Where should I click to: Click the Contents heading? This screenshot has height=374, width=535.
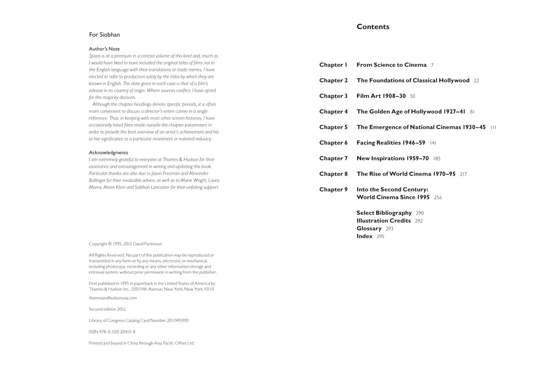pos(373,27)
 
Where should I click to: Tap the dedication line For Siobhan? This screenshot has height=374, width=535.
pos(104,35)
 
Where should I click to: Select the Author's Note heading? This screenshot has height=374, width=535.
pos(104,49)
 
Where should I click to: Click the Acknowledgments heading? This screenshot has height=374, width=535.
pos(108,153)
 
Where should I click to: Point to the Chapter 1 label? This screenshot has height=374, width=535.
pos(333,65)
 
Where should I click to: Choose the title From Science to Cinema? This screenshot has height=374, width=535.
pos(391,65)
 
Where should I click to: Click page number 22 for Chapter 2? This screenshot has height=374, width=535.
pos(476,81)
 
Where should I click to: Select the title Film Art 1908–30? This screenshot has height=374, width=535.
pos(381,96)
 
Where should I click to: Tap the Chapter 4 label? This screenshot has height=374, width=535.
pos(333,112)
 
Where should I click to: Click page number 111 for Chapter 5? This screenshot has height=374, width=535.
pos(493,128)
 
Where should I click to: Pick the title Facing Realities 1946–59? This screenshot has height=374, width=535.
pos(391,143)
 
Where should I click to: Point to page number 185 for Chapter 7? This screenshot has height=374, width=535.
pos(436,159)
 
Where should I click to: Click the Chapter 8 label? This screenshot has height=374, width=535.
pos(333,174)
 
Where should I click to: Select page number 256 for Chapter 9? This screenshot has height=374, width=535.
pos(438,198)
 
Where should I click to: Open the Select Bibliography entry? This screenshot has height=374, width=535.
pos(384,213)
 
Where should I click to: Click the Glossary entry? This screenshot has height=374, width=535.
pos(369,228)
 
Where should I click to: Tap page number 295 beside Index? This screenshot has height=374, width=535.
pos(380,237)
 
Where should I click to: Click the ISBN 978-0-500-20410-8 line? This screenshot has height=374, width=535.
pos(112,332)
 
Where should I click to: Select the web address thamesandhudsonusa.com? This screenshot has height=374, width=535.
pos(113,298)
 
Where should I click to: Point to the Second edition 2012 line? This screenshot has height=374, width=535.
pos(107,309)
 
